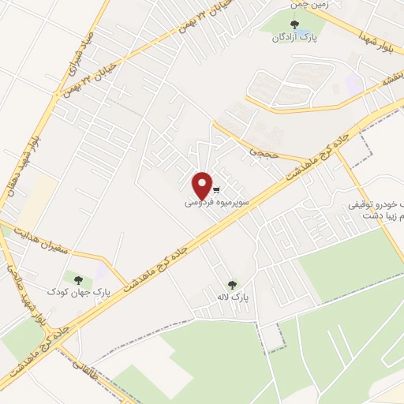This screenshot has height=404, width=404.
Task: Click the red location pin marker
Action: pyautogui.click(x=204, y=185)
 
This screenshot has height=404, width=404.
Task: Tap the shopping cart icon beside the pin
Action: pyautogui.click(x=216, y=189)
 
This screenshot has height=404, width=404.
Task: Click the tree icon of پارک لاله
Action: pyautogui.click(x=232, y=285)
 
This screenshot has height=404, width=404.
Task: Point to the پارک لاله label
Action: pyautogui.click(x=234, y=298)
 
